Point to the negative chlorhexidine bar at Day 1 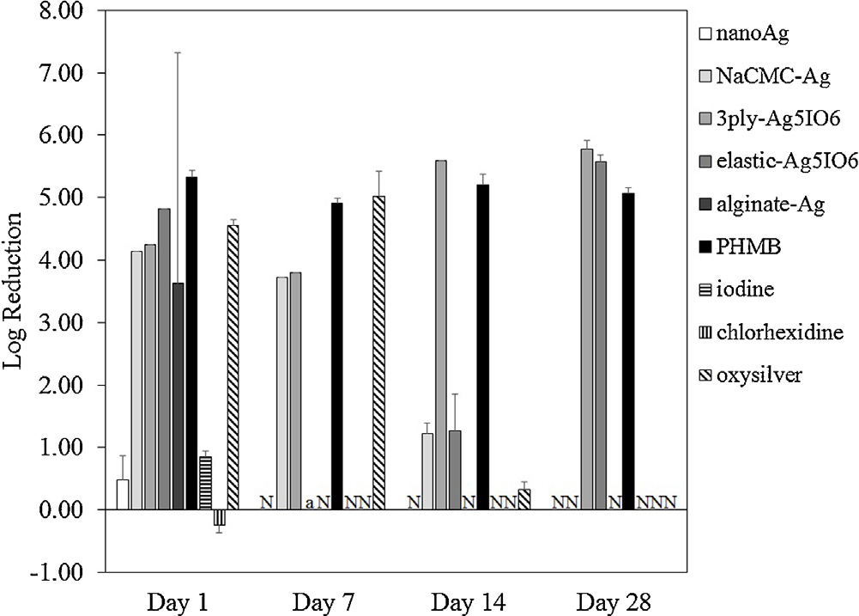pos(220,517)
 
